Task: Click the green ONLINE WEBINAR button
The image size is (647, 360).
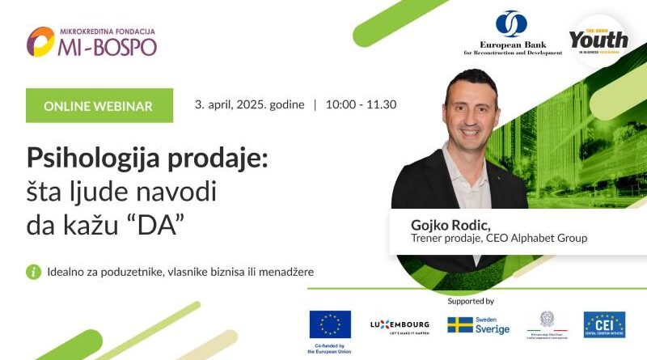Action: click(99, 106)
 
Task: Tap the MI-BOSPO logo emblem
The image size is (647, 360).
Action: click(40, 41)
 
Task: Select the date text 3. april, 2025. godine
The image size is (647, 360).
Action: click(249, 105)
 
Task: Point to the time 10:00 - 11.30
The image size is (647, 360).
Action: click(361, 105)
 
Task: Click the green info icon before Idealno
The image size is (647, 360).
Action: click(34, 272)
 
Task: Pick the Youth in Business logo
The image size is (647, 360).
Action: click(598, 39)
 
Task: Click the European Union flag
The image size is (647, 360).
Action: click(330, 324)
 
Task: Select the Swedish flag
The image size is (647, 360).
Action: click(460, 324)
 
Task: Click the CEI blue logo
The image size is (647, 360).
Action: click(604, 324)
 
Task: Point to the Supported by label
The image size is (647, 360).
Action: click(470, 301)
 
